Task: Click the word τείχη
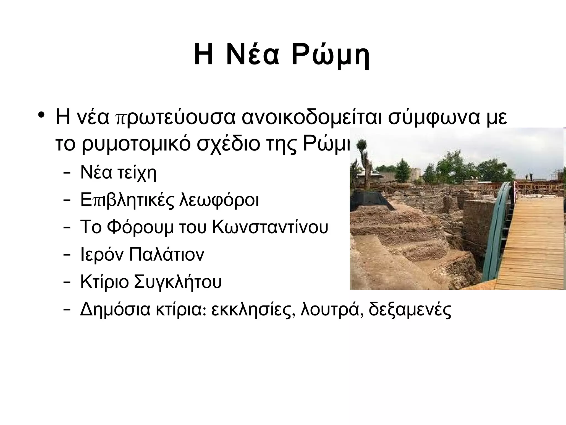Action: (137, 173)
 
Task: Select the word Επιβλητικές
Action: (127, 200)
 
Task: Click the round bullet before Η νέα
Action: (41, 115)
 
